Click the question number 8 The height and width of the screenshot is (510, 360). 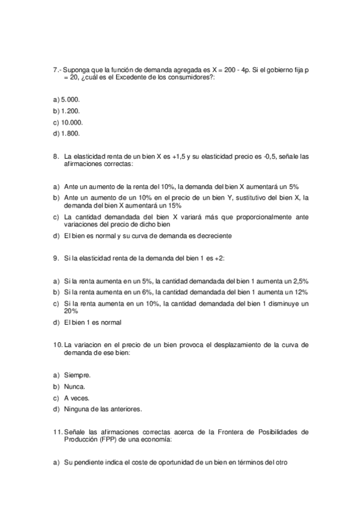pyautogui.click(x=56, y=156)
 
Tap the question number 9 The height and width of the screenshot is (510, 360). pyautogui.click(x=56, y=258)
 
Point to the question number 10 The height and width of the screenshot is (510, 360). pyautogui.click(x=58, y=345)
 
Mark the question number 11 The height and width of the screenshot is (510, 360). pyautogui.click(x=58, y=432)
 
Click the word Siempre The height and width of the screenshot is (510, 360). pyautogui.click(x=77, y=375)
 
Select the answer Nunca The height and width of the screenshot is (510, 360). pyautogui.click(x=75, y=386)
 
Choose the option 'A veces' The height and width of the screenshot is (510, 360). pyautogui.click(x=76, y=398)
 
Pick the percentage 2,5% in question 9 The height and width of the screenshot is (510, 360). pyautogui.click(x=299, y=281)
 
